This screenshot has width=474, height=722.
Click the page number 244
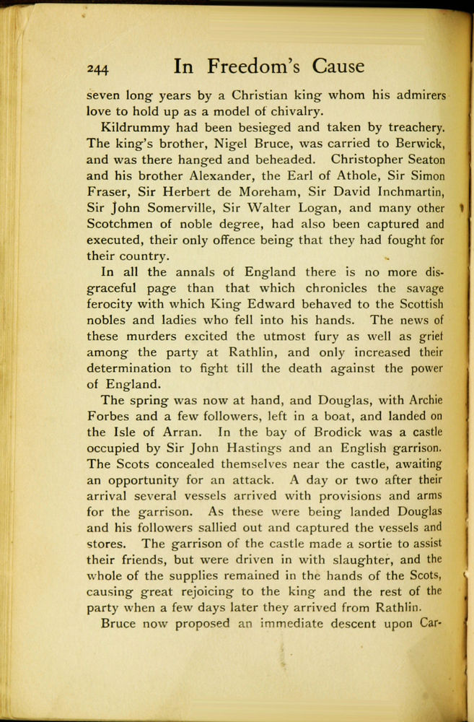(97, 68)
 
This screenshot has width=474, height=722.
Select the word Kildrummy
(134, 128)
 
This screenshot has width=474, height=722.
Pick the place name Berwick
(413, 144)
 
